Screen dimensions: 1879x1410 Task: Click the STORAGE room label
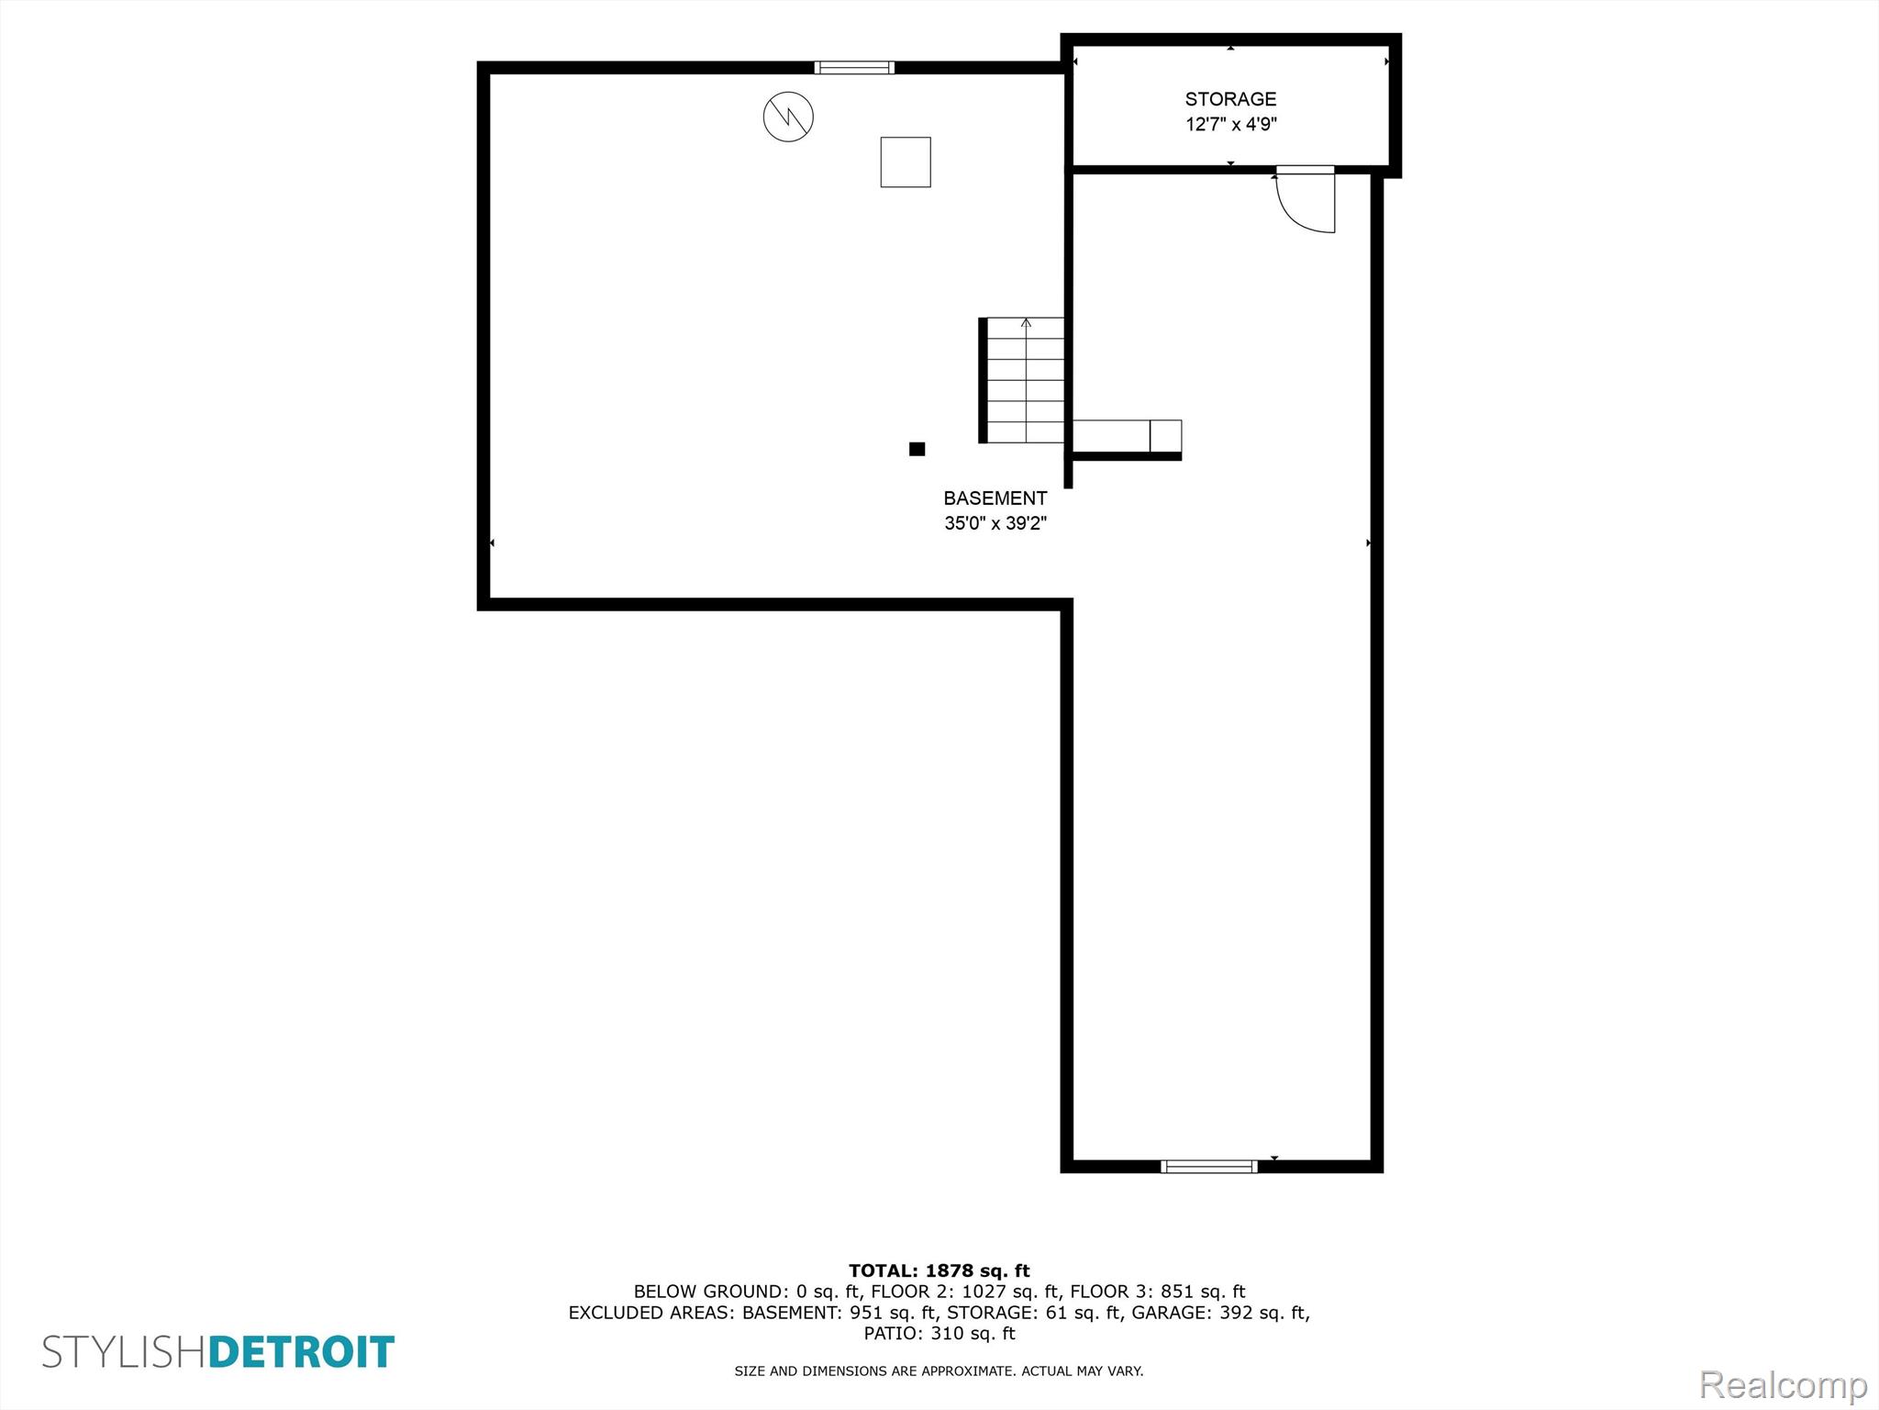(1230, 99)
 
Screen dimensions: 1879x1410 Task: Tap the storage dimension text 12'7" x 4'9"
(1231, 125)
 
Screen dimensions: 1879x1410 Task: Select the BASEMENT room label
(995, 498)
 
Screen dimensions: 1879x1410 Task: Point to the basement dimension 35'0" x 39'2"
(995, 524)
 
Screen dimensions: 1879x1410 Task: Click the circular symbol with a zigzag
(788, 117)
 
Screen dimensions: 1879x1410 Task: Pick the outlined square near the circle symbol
(906, 162)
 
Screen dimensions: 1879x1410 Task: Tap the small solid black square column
(917, 449)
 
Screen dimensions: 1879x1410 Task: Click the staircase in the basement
(1022, 380)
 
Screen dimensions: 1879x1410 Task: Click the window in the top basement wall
(854, 67)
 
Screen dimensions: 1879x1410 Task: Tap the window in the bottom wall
(1209, 1167)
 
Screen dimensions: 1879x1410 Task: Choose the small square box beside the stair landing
(1165, 435)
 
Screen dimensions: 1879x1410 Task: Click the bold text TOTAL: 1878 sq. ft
(939, 1271)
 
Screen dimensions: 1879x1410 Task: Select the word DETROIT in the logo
(302, 1353)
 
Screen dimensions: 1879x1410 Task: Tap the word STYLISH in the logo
(125, 1353)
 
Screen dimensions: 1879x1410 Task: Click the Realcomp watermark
(1783, 1384)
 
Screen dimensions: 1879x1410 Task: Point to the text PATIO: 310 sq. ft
(939, 1334)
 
